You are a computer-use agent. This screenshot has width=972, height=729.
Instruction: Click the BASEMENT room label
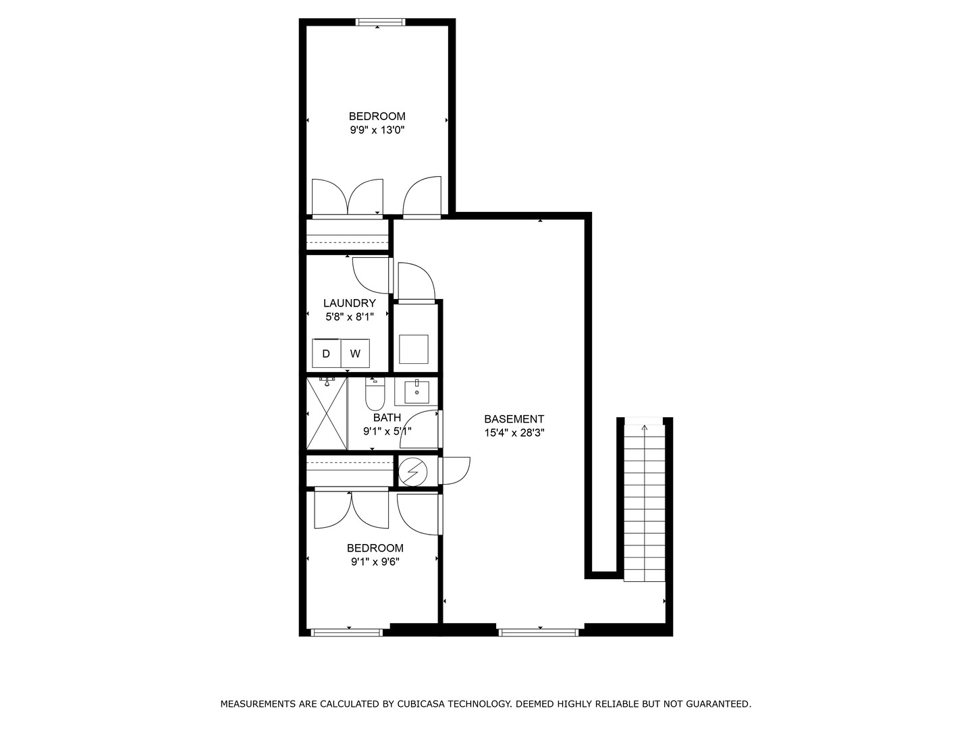tap(514, 419)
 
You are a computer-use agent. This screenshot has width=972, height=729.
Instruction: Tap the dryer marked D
tap(326, 354)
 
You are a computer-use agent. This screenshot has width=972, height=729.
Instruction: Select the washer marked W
tap(355, 354)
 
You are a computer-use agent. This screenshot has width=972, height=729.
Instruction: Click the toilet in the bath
tap(375, 396)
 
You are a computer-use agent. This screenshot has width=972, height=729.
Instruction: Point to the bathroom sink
tap(416, 391)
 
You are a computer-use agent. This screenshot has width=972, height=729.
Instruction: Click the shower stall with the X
tap(327, 413)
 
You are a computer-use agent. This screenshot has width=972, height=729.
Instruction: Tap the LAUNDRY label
tap(349, 304)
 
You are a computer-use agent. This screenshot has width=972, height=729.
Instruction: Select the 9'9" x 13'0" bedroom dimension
tap(377, 130)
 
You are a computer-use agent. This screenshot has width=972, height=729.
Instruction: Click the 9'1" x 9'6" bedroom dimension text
tap(375, 562)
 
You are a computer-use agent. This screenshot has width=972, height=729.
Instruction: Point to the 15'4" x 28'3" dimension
tap(514, 433)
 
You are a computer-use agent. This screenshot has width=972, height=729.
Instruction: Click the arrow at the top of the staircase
tap(644, 427)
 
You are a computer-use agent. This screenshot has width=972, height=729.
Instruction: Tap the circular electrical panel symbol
tap(412, 470)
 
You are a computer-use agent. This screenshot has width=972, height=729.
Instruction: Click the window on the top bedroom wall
tap(381, 22)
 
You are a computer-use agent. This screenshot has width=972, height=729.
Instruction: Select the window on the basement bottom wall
tap(539, 632)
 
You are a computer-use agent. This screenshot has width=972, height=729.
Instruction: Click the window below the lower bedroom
tap(346, 632)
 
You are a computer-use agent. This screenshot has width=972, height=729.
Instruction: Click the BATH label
tap(387, 418)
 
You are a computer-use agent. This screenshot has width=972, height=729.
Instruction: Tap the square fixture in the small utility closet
tap(414, 349)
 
